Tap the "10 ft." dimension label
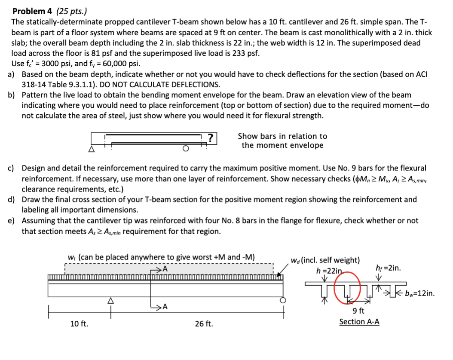[x=79, y=323]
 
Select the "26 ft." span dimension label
[x=204, y=323]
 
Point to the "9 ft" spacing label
[x=359, y=311]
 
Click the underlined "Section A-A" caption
[x=359, y=322]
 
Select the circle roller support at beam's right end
[x=283, y=300]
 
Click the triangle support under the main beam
[x=110, y=301]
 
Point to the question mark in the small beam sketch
[x=210, y=137]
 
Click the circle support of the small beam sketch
[x=185, y=149]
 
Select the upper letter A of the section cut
[x=165, y=269]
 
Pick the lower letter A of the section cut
[x=165, y=307]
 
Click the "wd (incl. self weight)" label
[x=325, y=260]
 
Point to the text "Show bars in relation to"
[x=282, y=136]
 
